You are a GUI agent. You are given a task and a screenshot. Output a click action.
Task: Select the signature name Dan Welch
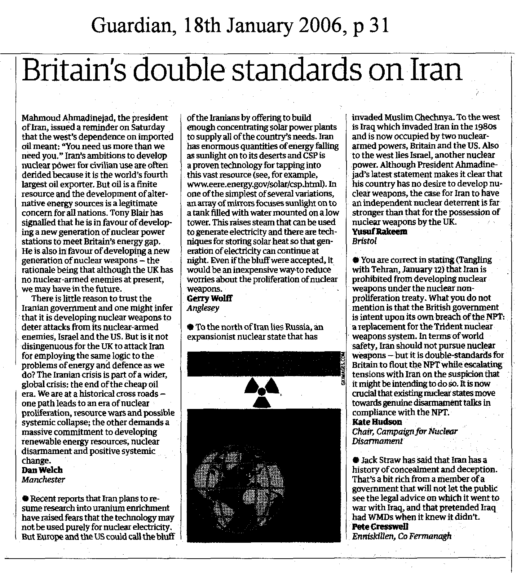click(x=42, y=470)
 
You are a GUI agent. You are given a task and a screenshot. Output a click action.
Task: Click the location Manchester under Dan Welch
click(x=43, y=480)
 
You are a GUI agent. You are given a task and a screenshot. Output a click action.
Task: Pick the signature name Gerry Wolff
click(x=210, y=298)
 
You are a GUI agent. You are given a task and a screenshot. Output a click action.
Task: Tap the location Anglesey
click(x=203, y=308)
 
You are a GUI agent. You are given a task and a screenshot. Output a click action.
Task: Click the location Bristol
click(x=364, y=241)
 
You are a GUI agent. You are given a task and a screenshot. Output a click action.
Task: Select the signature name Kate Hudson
click(x=377, y=422)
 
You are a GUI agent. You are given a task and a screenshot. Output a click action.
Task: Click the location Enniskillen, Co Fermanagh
click(x=402, y=536)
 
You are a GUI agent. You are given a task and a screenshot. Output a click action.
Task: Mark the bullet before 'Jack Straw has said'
click(x=356, y=460)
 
